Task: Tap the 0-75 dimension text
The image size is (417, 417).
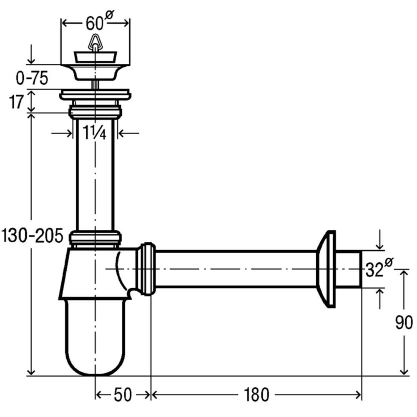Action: coord(32,78)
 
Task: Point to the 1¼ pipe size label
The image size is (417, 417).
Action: coord(95,133)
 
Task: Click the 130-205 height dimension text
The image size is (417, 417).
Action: coord(32,236)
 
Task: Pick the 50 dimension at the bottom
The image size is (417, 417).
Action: coord(123,395)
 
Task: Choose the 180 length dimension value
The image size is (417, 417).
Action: coord(256,395)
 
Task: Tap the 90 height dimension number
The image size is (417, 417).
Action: coord(404,322)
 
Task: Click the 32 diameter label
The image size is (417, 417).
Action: coord(379,268)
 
